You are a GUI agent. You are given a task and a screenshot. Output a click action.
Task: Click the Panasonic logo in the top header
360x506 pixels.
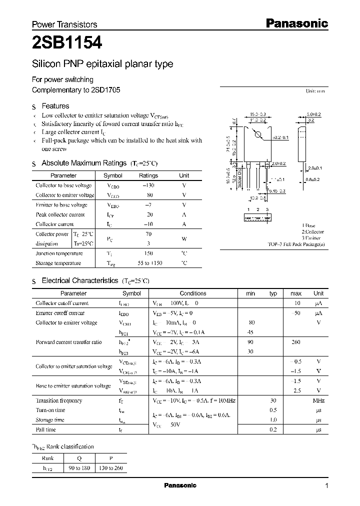click(296, 23)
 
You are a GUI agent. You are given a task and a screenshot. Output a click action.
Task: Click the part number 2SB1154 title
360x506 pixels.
click(67, 43)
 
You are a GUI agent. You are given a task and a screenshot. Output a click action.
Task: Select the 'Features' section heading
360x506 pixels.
click(55, 106)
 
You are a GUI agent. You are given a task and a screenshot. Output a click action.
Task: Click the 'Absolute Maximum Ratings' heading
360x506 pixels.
click(83, 163)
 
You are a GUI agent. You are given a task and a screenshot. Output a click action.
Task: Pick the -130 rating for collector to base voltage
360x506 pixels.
click(148, 185)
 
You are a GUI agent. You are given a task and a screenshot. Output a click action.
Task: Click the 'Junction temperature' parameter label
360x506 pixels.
click(59, 253)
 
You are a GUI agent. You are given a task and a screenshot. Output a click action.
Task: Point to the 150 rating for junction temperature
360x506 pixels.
click(148, 253)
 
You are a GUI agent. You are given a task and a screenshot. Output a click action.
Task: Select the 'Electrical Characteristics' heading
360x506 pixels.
click(79, 281)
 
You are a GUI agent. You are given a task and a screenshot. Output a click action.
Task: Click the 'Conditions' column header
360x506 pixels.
click(192, 293)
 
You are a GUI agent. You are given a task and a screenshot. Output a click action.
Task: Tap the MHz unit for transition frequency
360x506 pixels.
click(318, 400)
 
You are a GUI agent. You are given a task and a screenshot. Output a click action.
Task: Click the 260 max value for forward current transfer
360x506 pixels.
click(295, 342)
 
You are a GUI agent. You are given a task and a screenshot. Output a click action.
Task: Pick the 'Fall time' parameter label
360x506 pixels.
click(45, 429)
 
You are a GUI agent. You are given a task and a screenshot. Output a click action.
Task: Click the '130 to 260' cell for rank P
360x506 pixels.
click(111, 468)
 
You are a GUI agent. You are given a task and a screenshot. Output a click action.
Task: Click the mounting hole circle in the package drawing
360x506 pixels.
click(258, 134)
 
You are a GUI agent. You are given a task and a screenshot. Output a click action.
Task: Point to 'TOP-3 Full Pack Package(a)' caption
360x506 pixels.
click(296, 244)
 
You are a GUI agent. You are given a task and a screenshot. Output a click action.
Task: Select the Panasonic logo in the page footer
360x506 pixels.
click(180, 485)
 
